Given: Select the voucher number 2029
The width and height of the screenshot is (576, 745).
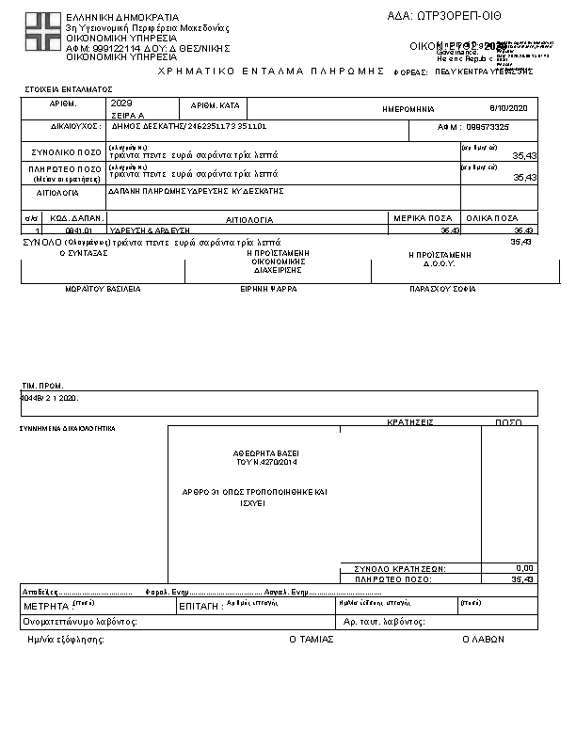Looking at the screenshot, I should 121,103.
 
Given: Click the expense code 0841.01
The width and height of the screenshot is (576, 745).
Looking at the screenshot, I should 77,230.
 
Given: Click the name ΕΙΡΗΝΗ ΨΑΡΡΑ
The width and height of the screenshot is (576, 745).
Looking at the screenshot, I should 269,289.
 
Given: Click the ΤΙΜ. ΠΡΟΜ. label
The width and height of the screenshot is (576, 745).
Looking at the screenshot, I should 43,386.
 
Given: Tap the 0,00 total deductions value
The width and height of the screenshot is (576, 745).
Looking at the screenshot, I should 525,568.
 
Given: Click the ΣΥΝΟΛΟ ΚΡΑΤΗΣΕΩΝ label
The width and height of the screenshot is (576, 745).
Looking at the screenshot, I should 399,569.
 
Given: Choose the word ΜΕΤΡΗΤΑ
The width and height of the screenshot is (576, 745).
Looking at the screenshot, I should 46,607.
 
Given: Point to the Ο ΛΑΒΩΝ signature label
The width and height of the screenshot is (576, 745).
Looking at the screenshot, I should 483,639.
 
